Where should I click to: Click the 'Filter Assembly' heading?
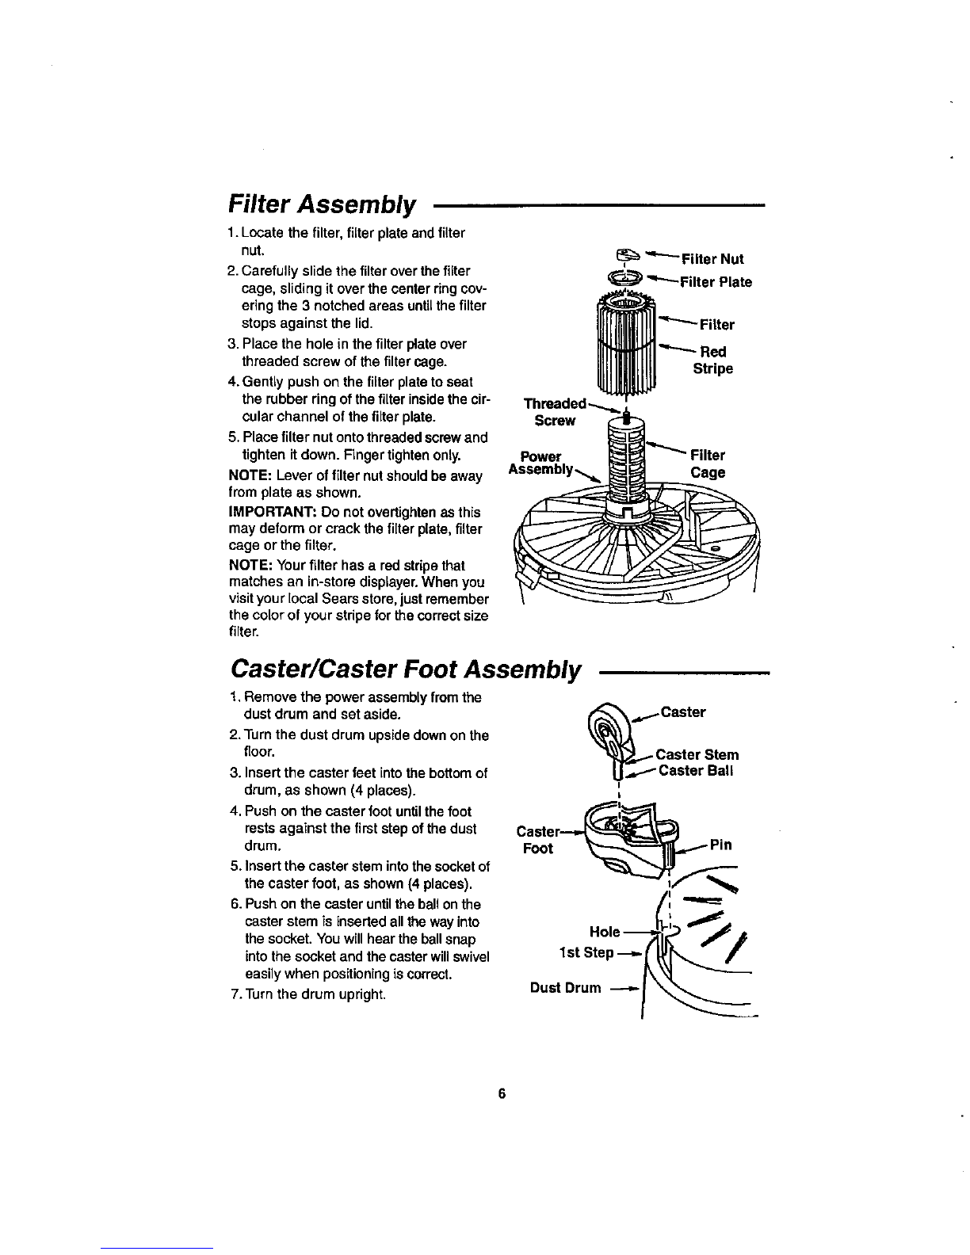322,204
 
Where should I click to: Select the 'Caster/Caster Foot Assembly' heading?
405,669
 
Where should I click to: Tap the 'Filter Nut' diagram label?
713,259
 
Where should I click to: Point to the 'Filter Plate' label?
716,282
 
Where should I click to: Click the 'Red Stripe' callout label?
713,360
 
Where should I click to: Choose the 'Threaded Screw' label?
555,412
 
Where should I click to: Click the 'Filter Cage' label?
708,463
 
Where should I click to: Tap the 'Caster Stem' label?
697,755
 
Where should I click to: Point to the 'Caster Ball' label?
696,771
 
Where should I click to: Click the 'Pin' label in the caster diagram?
720,845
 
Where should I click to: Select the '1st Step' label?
586,952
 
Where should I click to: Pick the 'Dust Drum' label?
566,987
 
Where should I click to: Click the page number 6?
502,1093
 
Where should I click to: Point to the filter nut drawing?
628,254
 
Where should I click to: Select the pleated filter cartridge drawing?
626,344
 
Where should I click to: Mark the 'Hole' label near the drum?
605,932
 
